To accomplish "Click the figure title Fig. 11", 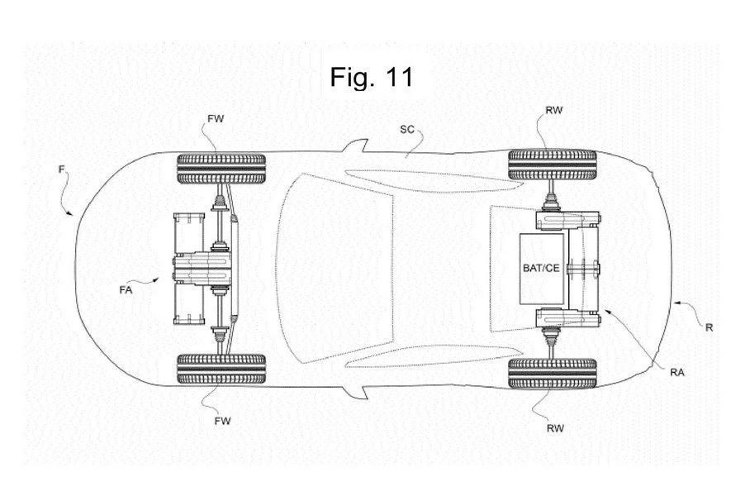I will tap(371, 77).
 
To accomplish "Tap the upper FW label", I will tap(216, 119).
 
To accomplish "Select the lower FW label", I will tap(221, 421).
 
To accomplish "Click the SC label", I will tap(407, 129).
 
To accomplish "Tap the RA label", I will tap(678, 372).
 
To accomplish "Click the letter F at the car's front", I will tap(61, 169).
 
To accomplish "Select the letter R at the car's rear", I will tap(709, 327).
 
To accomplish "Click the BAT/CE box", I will tap(542, 268).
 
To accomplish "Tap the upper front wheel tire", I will tap(221, 168).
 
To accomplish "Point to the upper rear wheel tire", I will tap(552, 165).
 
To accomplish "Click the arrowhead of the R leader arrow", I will tap(671, 304).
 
